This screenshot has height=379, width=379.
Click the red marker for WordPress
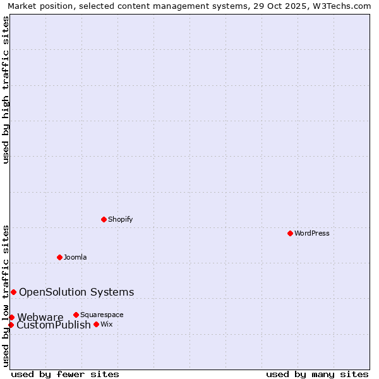(290, 233)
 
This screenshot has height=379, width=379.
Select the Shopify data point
(104, 219)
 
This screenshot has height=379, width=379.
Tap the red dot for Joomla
(59, 257)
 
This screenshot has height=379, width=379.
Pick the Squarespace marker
(76, 315)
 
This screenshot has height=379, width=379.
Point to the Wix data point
(96, 324)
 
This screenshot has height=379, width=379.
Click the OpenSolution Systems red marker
(13, 292)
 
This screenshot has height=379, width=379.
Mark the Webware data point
(11, 317)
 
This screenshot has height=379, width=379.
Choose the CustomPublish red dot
(11, 325)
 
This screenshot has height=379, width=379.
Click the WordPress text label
(312, 233)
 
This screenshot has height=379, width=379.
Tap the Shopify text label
(120, 219)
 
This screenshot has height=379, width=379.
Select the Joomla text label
(75, 257)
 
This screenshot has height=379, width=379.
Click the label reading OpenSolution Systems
(76, 292)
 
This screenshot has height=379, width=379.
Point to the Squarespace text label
(102, 315)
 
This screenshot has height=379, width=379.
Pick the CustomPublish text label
(54, 325)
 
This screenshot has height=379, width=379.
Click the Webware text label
(40, 317)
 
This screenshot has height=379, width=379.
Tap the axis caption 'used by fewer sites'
(65, 375)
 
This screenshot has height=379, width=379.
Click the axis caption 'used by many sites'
(317, 375)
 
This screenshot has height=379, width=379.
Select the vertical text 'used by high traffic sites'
(6, 90)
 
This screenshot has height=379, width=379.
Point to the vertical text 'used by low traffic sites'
(6, 296)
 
